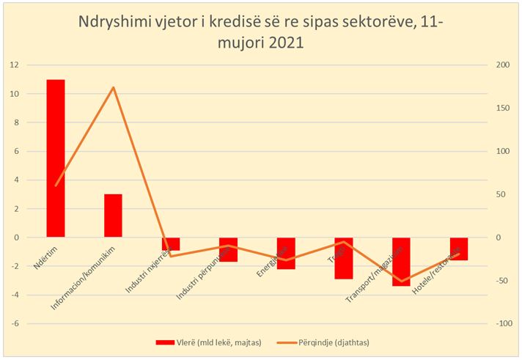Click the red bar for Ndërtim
[x=55, y=158]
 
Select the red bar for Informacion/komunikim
[x=113, y=216]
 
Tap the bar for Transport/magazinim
[x=401, y=262]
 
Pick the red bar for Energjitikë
[x=286, y=254]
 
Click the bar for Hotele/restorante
[x=459, y=249]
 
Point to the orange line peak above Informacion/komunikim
[x=113, y=87]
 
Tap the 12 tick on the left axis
[x=13, y=65]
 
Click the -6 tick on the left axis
[x=13, y=323]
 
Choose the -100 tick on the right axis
[x=500, y=323]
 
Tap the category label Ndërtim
[x=46, y=257]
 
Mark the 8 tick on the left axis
[x=13, y=122]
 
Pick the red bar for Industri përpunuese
[x=228, y=250]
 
